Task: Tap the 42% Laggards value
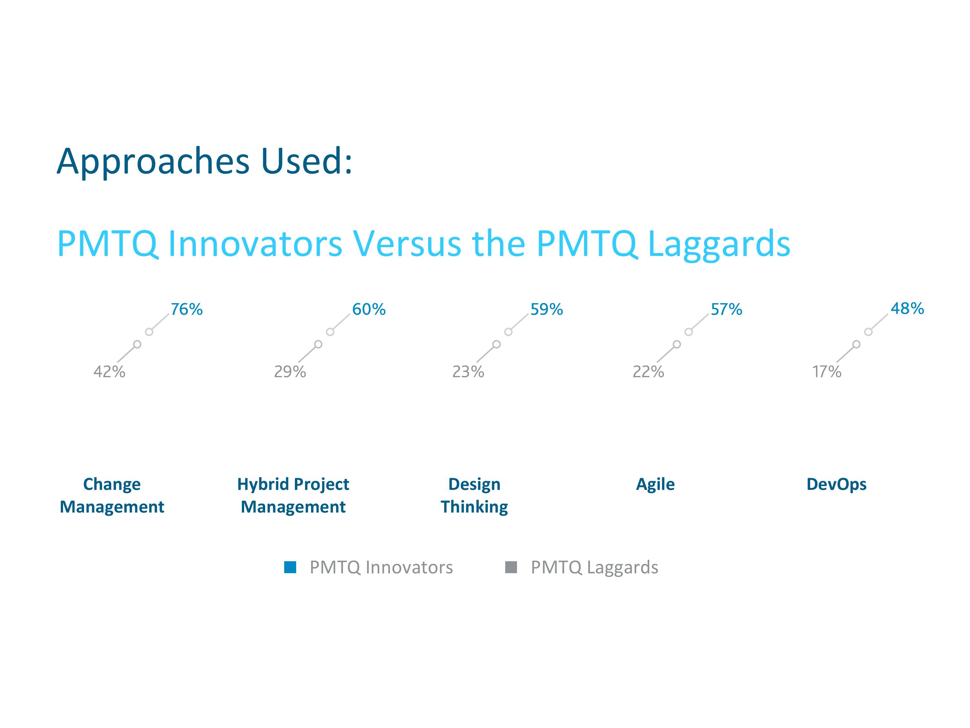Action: [109, 372]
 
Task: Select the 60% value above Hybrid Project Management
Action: [369, 309]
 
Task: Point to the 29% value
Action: [290, 372]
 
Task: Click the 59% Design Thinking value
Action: [546, 309]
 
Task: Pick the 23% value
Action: [468, 372]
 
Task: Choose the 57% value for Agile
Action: [727, 309]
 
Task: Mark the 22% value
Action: [648, 372]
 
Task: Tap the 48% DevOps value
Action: [907, 308]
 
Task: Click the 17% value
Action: [827, 372]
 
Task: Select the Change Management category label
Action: [112, 495]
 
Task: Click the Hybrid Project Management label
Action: [293, 495]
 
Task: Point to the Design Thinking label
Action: [474, 495]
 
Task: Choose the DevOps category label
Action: [836, 484]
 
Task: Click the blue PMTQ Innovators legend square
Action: [290, 568]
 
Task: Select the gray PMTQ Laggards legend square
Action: [511, 568]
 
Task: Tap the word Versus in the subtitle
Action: [407, 244]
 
